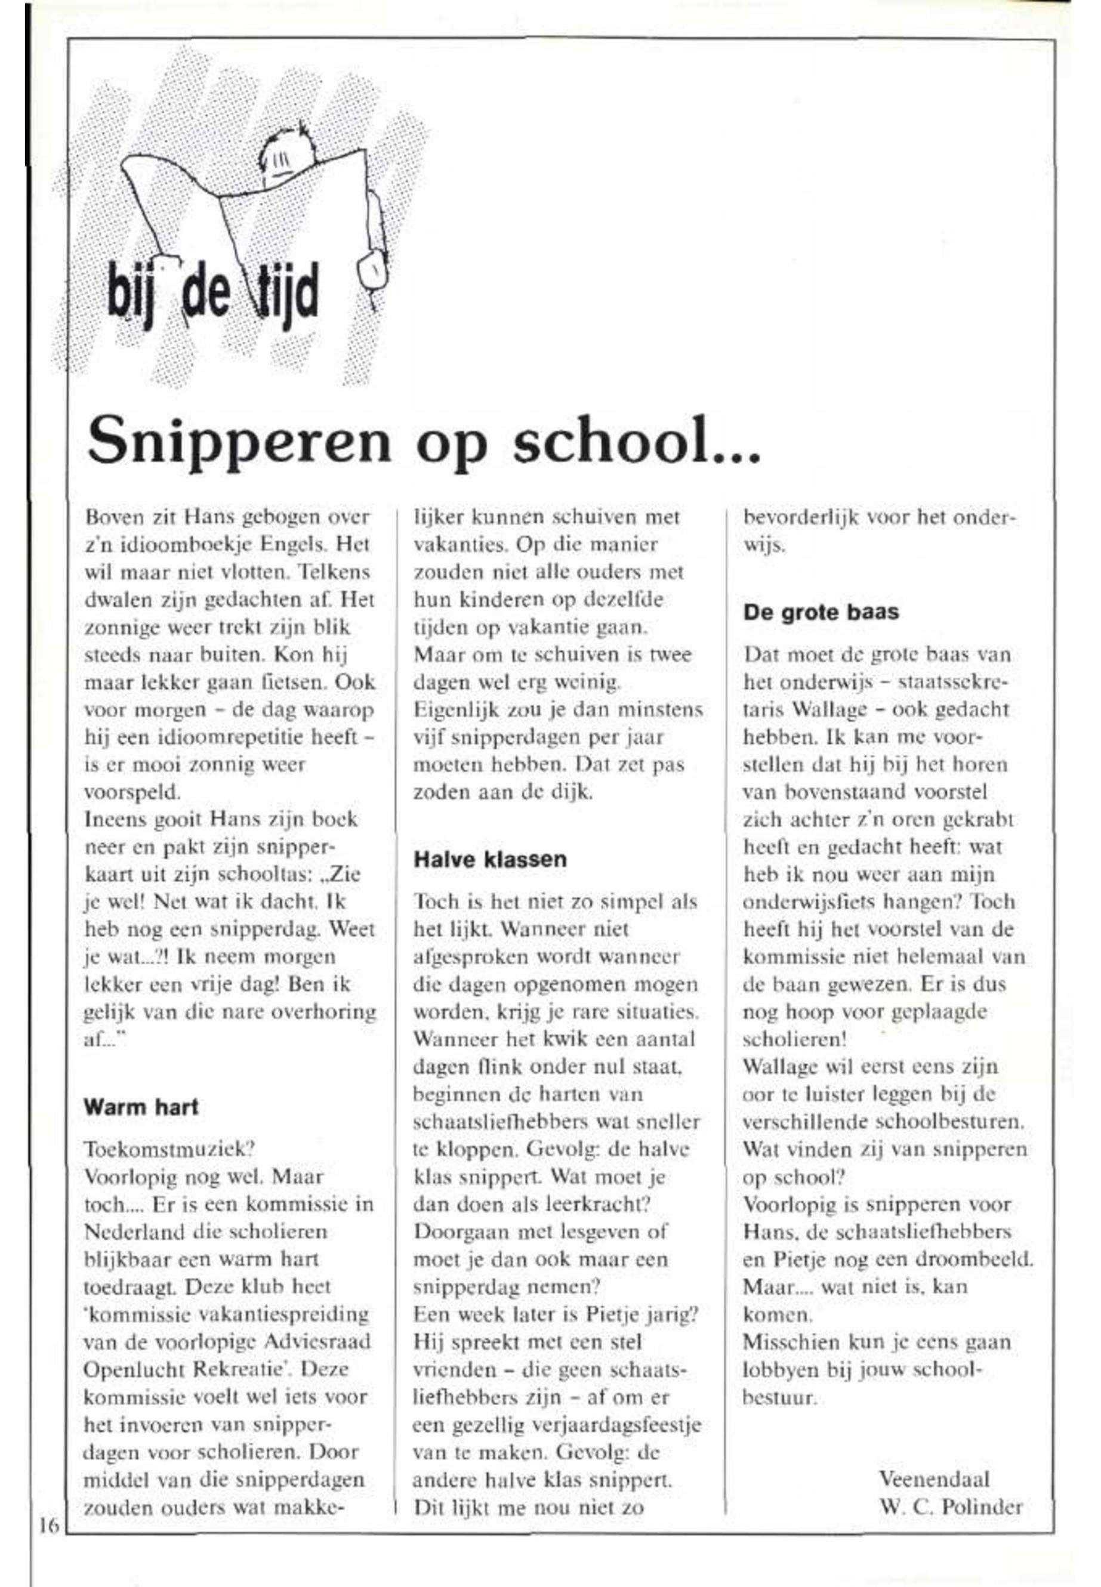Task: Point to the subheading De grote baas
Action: [821, 613]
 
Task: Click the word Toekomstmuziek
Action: [169, 1149]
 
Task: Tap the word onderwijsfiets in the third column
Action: [822, 902]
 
